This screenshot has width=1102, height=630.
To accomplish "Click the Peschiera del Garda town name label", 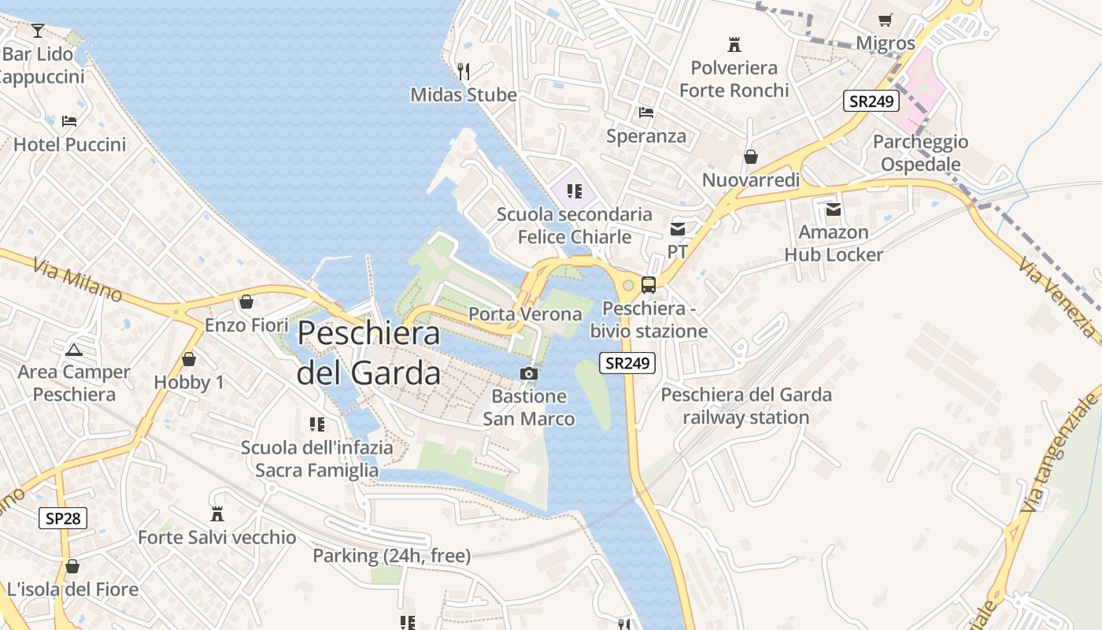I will [368, 352].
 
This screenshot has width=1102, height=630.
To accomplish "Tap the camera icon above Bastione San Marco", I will [529, 373].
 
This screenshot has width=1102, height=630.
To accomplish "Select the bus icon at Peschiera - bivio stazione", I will [649, 285].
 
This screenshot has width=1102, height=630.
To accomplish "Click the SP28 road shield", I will [63, 517].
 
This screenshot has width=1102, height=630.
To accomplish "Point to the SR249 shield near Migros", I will [871, 101].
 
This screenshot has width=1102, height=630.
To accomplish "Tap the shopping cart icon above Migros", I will [886, 20].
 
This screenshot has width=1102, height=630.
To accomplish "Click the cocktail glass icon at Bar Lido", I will [37, 31].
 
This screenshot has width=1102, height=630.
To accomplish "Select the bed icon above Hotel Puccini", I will [69, 121].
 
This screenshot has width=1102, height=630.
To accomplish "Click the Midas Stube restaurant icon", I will [464, 72].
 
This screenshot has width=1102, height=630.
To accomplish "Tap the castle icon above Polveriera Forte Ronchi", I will [734, 44].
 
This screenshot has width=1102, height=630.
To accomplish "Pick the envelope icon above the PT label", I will [677, 229].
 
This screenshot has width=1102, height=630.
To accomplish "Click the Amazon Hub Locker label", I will [834, 243].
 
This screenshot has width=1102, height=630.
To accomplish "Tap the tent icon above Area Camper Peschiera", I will [74, 349].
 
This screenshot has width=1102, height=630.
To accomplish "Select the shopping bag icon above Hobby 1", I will [189, 359].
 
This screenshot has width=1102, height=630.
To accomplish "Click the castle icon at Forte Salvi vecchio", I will [217, 514].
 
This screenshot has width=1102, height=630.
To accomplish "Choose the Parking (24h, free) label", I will [391, 556].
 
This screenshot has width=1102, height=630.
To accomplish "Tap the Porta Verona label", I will [525, 314].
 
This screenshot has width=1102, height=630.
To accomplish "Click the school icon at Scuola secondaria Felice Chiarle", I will [575, 191].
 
